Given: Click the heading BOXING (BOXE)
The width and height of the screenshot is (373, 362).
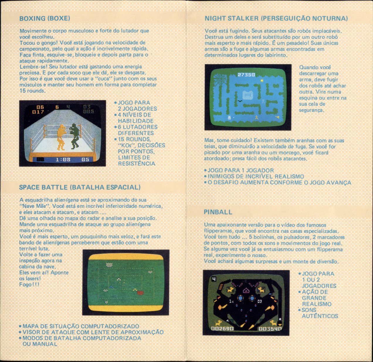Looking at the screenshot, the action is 45,18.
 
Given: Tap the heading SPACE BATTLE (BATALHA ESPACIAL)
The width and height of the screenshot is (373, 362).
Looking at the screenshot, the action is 80,187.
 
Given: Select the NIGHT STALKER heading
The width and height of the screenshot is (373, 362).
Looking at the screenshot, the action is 276,18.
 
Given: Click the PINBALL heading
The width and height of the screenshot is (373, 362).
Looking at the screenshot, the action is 218,212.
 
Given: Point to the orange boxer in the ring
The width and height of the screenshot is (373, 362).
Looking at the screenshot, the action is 62,137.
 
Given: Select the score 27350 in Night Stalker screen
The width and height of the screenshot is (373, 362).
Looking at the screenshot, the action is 246,74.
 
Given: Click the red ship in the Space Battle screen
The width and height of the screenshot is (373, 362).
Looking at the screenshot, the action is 140,293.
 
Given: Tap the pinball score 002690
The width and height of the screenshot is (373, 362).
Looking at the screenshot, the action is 222,329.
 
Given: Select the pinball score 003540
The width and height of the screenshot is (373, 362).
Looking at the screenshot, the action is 270,329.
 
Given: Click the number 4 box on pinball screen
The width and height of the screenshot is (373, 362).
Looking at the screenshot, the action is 214,279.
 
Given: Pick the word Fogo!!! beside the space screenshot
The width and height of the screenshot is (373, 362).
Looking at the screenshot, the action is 29,285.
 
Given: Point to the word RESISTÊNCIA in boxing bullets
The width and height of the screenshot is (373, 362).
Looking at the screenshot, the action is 136,163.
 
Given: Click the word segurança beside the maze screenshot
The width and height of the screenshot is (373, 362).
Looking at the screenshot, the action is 311,110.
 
